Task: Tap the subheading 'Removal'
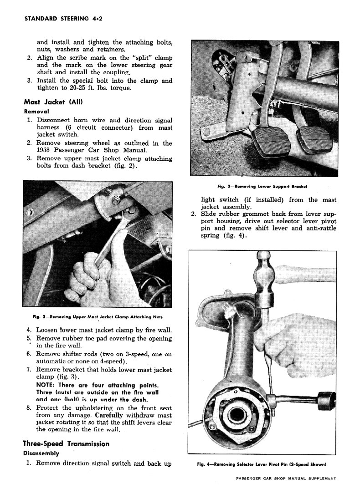tap(36, 111)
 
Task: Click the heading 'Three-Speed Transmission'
tap(66, 443)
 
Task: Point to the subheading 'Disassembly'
tap(41, 453)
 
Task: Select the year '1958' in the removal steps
tap(45, 150)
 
